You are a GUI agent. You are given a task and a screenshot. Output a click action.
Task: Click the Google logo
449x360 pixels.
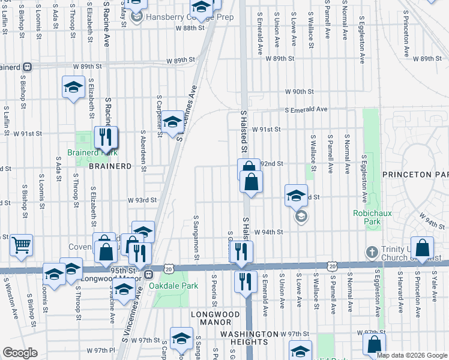coord(20,353)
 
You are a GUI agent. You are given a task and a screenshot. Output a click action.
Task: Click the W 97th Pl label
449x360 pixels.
coord(100,350)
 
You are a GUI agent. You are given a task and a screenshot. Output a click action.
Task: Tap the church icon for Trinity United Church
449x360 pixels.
coord(372,251)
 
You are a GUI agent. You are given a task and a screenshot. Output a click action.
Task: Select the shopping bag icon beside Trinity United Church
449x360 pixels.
coord(423,248)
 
